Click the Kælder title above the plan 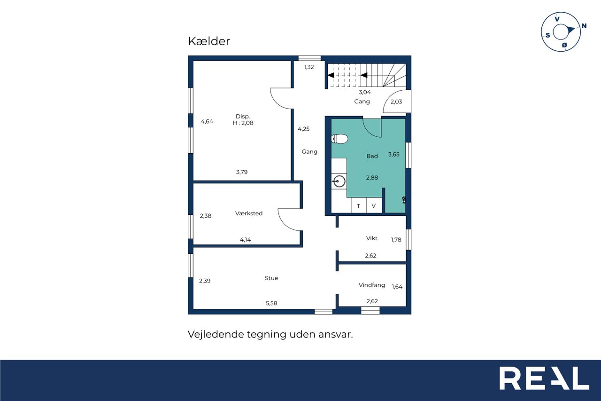point(209,41)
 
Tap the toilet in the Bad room point(339,139)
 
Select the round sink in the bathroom point(339,181)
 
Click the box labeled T point(358,206)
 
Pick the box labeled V point(374,206)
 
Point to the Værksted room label point(249,213)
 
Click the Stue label point(271,278)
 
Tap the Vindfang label point(371,285)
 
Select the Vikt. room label point(372,238)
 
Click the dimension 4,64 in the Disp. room point(207,121)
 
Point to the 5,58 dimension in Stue point(271,303)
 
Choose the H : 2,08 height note point(243,123)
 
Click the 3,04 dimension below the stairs point(365,92)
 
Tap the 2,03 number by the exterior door point(396,102)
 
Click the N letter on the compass point(584,26)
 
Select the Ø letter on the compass point(564,45)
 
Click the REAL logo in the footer point(544,378)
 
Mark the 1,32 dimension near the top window point(309,67)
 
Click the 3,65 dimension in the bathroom point(393,155)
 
